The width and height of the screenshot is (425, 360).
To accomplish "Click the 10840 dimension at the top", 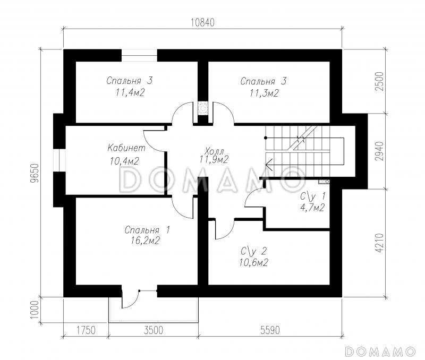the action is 202,22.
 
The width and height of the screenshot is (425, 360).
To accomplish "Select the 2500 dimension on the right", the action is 381,81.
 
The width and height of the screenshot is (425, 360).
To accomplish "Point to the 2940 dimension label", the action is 380,151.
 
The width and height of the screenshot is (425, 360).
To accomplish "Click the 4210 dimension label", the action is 380,243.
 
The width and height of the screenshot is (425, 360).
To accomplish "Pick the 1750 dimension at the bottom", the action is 86,330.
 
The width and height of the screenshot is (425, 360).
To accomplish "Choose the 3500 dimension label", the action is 154,330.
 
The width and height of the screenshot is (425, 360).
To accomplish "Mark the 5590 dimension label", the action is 270,330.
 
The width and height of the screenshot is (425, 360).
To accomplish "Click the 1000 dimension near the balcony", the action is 35,310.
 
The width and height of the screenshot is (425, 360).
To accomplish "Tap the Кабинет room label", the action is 126,148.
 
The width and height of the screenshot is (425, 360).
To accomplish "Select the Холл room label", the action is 215,150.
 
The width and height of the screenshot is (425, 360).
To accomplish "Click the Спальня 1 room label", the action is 147,230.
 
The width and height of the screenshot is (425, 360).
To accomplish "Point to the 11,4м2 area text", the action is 130,93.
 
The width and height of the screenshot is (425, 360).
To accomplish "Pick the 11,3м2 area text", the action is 264,93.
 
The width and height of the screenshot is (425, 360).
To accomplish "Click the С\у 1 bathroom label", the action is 313,196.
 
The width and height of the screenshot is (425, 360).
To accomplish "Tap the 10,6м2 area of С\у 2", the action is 254,262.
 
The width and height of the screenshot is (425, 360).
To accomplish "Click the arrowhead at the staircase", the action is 269,164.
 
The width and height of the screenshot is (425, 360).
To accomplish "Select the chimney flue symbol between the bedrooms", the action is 202,108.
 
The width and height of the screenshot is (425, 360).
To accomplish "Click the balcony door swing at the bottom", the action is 130,299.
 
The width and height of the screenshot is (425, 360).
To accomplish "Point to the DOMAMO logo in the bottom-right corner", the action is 380,352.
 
